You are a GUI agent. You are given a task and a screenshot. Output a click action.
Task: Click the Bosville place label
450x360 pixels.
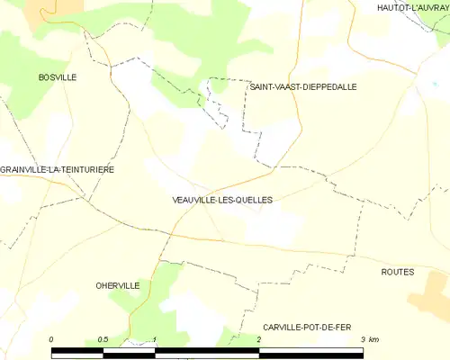pos(58,77)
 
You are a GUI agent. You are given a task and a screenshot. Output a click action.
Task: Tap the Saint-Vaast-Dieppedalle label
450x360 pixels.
pos(303,87)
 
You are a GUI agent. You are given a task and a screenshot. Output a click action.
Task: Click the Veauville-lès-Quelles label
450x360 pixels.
pos(220,199)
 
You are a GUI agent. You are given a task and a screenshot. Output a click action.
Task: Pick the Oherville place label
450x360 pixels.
pos(117,285)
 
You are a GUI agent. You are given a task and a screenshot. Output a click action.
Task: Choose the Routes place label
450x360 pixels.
pos(397,271)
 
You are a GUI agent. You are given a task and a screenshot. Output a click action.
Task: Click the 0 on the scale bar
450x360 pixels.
pos(52,338)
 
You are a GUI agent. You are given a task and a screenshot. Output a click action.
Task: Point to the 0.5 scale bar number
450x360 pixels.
pos(103,338)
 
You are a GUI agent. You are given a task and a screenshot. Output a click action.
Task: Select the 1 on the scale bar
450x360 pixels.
pos(156,338)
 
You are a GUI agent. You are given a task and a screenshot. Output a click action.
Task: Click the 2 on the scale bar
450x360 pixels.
pos(259,338)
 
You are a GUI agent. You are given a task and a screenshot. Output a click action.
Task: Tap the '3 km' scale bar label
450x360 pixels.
pos(369,338)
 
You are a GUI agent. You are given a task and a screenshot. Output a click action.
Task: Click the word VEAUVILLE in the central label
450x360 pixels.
pos(193,199)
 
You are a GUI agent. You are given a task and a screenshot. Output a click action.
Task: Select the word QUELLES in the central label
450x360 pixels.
pos(253,199)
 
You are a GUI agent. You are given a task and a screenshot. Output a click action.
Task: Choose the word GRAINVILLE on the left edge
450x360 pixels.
pos(22,169)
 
